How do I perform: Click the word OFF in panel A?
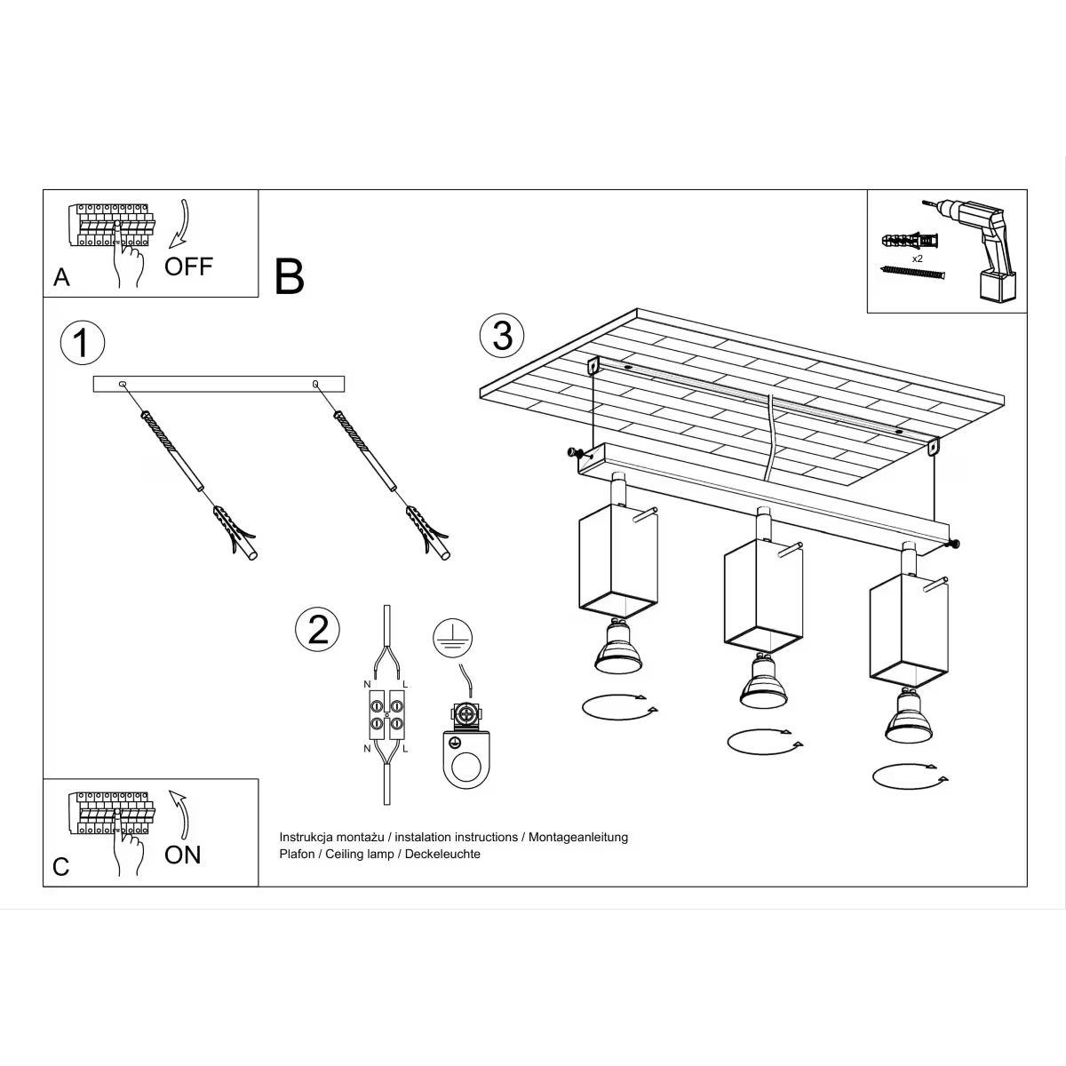[x=188, y=266]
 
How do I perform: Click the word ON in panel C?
[x=183, y=855]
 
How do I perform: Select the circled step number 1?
[x=82, y=343]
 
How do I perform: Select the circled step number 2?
[x=317, y=629]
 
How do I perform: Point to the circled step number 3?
[x=502, y=336]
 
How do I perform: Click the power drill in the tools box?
[x=977, y=249]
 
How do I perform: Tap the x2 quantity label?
[x=918, y=258]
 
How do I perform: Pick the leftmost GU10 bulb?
[x=616, y=647]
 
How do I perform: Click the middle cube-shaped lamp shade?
[x=763, y=597]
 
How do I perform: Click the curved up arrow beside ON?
[x=180, y=812]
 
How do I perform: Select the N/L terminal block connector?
[x=386, y=715]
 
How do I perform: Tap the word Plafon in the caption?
[x=298, y=854]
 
